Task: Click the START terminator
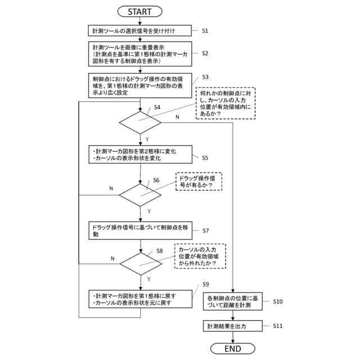139,11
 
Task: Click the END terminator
232,349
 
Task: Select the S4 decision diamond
140,123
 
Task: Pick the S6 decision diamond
140,195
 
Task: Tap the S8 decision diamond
141,264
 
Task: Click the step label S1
205,31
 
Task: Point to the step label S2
205,53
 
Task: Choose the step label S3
205,77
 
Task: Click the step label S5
205,157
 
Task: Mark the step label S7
206,231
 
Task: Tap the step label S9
206,285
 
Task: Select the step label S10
278,301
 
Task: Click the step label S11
278,326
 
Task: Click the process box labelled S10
233,301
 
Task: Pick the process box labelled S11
233,326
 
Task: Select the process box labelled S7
141,231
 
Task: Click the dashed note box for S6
199,181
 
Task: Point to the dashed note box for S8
200,256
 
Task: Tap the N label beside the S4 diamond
177,117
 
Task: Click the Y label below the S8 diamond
148,279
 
